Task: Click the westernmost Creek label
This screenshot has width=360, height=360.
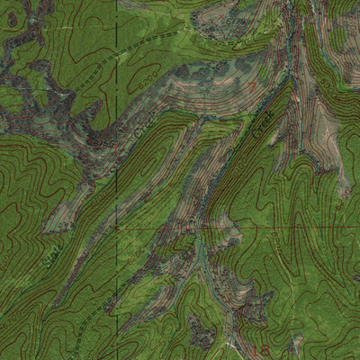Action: click(135, 133)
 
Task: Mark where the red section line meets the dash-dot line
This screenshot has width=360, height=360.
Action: click(116, 229)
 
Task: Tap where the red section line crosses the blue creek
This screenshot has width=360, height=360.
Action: click(203, 229)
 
